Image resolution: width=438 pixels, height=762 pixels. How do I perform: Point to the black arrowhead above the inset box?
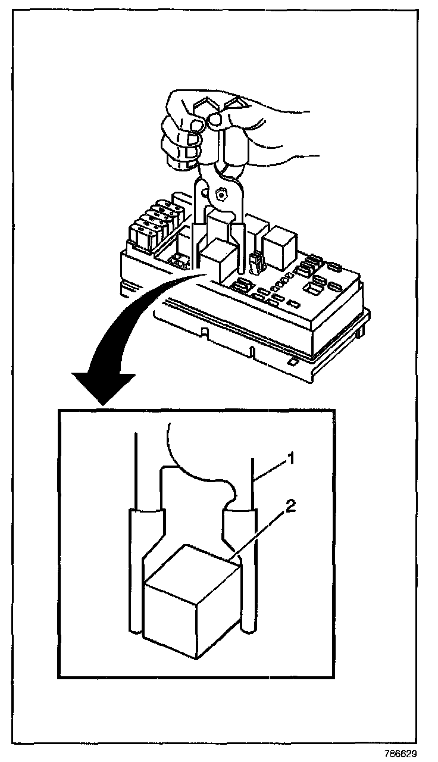[102, 387]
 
